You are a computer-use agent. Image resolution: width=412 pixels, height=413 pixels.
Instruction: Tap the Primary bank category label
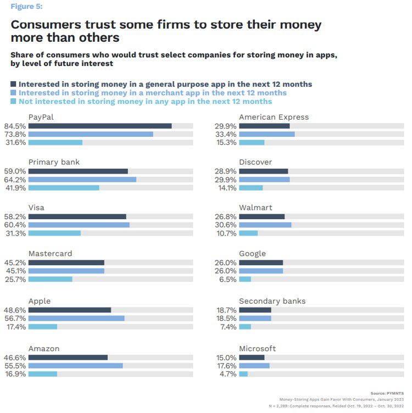click(54, 163)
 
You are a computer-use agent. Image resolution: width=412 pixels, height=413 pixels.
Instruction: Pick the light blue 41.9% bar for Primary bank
click(64, 188)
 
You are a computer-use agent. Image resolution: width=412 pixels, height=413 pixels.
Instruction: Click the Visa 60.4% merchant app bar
click(79, 225)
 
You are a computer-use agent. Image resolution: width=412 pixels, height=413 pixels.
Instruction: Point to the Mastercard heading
click(50, 254)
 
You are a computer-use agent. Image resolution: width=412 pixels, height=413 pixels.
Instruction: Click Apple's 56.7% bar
click(76, 318)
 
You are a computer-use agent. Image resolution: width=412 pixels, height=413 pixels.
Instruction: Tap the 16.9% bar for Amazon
click(43, 374)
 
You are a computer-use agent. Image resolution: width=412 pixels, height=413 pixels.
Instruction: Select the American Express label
click(274, 117)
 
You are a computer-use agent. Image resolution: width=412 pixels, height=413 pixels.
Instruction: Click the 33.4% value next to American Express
click(226, 134)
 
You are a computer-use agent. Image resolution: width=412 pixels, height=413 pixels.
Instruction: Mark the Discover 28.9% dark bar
click(264, 171)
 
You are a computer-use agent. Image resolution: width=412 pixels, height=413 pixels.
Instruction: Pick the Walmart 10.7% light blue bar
click(248, 233)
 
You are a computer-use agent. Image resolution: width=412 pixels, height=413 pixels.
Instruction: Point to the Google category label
click(252, 254)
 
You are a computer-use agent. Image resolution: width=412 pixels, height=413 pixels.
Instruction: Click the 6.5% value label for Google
click(227, 279)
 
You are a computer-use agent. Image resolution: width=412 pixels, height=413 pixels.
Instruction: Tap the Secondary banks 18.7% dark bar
click(255, 310)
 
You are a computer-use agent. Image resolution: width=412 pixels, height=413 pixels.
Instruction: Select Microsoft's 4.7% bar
click(243, 374)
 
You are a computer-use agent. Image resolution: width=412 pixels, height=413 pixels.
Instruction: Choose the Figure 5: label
click(26, 7)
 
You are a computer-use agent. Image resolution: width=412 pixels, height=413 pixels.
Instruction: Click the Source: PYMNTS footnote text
click(387, 393)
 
